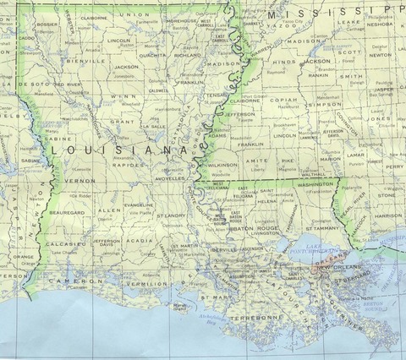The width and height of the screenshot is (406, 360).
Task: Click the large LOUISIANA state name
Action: [118, 150]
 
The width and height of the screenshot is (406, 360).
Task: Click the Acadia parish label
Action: [140, 240]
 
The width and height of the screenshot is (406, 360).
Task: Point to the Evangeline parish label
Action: [138, 205]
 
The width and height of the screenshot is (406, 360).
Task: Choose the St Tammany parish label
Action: [302, 226]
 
